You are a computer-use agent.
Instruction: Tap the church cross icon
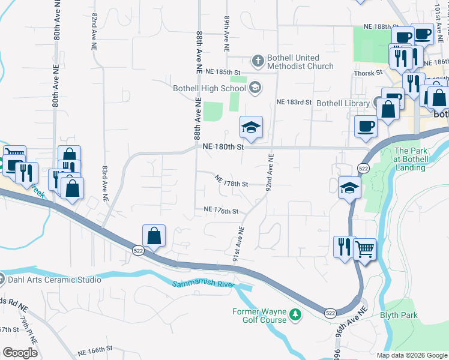[x=258, y=60]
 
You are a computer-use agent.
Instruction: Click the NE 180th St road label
[x=223, y=146]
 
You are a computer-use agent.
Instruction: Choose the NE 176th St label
[x=221, y=211]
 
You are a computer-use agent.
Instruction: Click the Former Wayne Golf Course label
[x=259, y=316]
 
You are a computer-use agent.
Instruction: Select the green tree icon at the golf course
[x=295, y=314]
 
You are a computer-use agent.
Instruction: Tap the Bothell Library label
[x=343, y=103]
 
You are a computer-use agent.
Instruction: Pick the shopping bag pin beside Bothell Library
[x=389, y=109]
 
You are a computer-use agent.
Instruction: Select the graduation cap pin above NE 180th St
[x=251, y=127]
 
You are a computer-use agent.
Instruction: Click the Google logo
[x=20, y=353]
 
